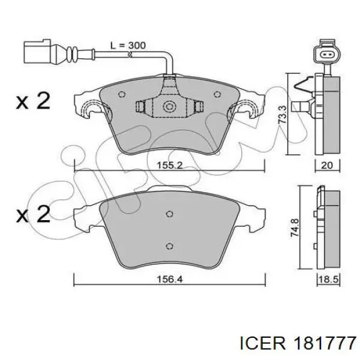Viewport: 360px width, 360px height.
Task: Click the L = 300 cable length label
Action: point(128,46)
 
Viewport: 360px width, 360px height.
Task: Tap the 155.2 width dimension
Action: point(169,165)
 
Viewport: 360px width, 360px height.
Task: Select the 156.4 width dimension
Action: point(169,279)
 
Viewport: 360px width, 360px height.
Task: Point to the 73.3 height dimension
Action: point(283,115)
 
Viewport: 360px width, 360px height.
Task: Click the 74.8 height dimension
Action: point(295,227)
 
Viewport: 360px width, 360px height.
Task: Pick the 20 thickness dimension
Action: point(327,165)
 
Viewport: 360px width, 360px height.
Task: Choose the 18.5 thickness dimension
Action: point(328,280)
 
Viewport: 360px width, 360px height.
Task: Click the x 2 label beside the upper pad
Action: point(33,100)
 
